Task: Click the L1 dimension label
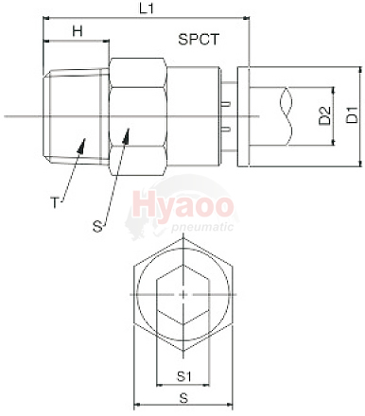(147, 9)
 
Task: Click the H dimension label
(78, 31)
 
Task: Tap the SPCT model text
(199, 40)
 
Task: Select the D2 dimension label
(325, 115)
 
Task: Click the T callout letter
(55, 202)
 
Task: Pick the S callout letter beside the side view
(98, 226)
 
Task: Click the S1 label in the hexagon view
(184, 376)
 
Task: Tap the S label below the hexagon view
(183, 398)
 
